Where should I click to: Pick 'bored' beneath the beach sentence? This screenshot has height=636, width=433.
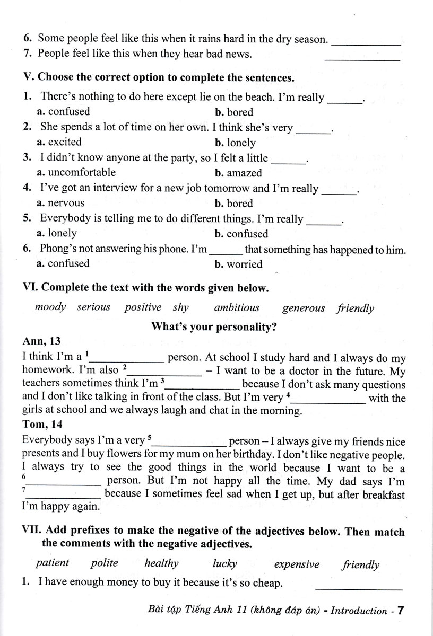point(240,112)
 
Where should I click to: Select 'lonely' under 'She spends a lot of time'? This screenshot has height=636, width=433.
point(241,143)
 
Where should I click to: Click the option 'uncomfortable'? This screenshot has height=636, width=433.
point(81,172)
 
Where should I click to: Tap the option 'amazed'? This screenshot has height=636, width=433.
point(244,173)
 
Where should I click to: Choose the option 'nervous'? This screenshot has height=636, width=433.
point(66,202)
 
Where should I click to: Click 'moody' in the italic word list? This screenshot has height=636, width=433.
point(50,307)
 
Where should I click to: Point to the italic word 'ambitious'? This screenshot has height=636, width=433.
point(237,307)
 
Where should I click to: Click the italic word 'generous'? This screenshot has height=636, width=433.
point(304,308)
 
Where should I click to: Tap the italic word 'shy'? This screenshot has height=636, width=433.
point(180,307)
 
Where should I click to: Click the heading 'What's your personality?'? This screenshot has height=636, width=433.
point(214,327)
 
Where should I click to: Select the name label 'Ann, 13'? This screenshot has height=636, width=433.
point(41,343)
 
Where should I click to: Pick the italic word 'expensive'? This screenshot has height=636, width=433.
point(297,564)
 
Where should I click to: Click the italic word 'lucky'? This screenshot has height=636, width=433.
point(224,563)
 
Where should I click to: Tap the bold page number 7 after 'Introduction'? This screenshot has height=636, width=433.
point(401,611)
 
